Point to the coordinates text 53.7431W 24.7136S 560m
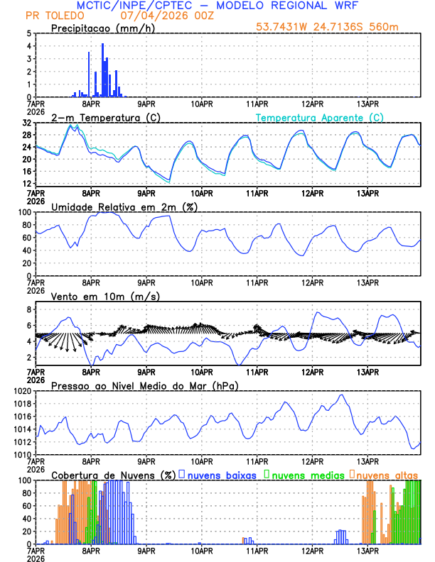(328, 26)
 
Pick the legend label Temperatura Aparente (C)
(319, 117)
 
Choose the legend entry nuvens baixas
(221, 474)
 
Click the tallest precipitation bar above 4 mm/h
(102, 70)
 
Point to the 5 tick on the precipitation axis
(28, 33)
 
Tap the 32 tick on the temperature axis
(26, 123)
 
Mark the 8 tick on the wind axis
(28, 310)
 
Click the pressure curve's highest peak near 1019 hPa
(341, 395)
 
